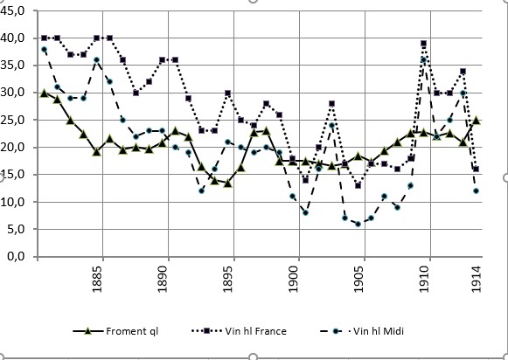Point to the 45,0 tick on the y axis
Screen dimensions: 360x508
15,10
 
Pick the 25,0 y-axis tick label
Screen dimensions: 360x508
15,120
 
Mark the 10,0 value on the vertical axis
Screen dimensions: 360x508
15,202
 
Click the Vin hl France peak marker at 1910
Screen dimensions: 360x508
423,43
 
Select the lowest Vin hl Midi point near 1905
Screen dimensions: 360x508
358,224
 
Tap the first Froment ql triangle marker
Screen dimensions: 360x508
44,93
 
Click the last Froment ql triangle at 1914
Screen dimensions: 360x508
476,121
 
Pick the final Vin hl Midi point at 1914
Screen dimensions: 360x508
476,190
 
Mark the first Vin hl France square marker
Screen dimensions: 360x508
44,38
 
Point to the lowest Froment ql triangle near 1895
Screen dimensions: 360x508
227,183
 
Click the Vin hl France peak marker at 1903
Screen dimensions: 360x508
332,103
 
